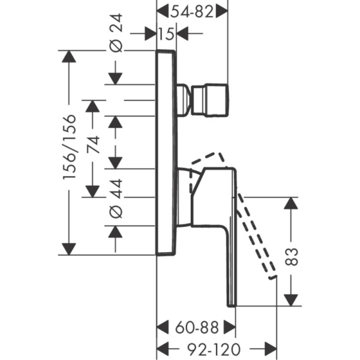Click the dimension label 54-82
[192, 12]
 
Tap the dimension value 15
[166, 34]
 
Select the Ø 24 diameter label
[116, 32]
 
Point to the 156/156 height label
[70, 146]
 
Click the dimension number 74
[93, 145]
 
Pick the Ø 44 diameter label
[116, 199]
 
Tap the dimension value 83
[291, 257]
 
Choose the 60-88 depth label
[197, 328]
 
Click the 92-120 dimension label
[214, 349]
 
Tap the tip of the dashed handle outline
[273, 277]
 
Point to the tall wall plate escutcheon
[166, 152]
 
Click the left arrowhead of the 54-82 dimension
[163, 11]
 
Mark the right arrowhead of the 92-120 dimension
[271, 349]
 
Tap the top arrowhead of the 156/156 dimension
[69, 56]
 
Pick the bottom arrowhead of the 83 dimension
[291, 300]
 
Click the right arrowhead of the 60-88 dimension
[230, 328]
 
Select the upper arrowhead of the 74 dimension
[92, 106]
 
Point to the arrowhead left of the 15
[151, 34]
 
